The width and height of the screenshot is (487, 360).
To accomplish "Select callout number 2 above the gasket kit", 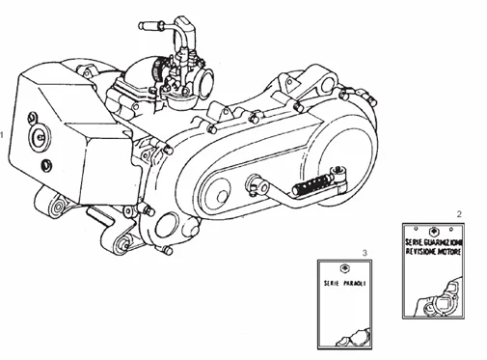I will click(x=459, y=212).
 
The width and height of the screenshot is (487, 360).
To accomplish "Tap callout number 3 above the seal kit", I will click(x=365, y=253).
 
